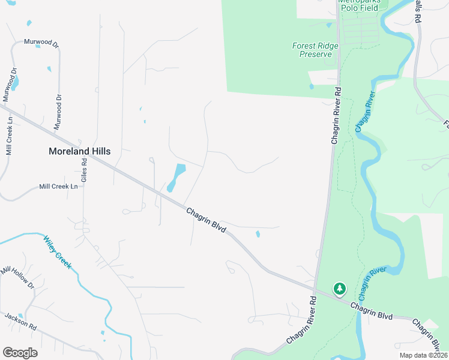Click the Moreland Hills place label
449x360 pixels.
(x=79, y=152)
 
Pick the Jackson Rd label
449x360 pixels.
(x=20, y=322)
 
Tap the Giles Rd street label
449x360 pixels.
(x=85, y=170)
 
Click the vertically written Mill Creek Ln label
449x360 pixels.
(x=9, y=136)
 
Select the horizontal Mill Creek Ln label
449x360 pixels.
(x=58, y=187)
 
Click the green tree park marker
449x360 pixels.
(x=340, y=289)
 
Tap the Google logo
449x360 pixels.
(x=20, y=353)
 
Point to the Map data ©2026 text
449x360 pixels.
(x=423, y=355)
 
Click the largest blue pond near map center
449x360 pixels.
(x=176, y=176)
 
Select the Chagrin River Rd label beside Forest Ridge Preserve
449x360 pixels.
(x=336, y=115)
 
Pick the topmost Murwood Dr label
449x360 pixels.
(x=41, y=43)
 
